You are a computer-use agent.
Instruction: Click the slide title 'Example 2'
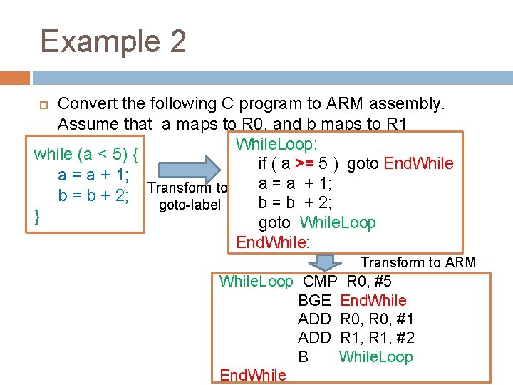(113, 41)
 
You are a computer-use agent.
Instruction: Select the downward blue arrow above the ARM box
(326, 262)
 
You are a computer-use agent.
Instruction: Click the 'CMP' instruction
(320, 281)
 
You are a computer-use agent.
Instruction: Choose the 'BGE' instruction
(314, 300)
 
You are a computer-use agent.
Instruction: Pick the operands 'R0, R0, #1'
(378, 319)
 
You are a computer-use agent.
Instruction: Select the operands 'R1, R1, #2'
(378, 338)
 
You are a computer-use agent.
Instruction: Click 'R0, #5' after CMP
(368, 281)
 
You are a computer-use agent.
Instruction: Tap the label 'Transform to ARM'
(418, 262)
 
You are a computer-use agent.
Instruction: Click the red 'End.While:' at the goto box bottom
(273, 242)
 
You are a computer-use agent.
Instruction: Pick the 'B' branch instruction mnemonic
(304, 356)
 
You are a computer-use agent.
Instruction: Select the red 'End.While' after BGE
(373, 300)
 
